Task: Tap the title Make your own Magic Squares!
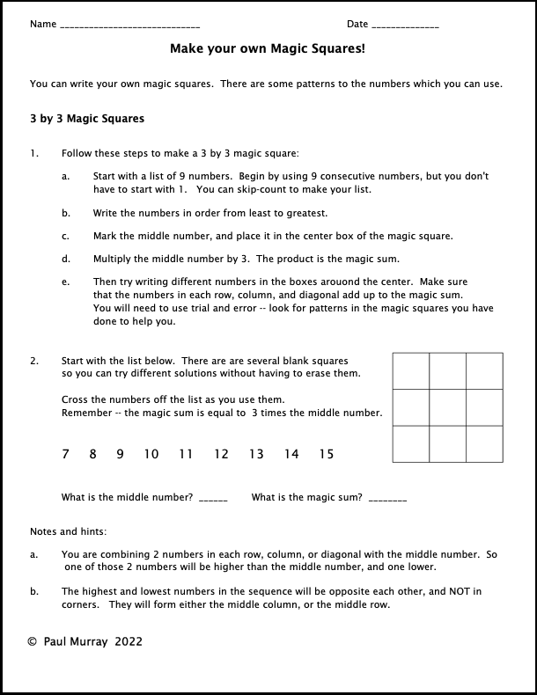[267, 50]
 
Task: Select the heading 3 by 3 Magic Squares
[87, 119]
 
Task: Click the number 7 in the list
[65, 455]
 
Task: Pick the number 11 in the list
[185, 455]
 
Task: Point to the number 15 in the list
[327, 455]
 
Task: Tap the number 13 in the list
[256, 455]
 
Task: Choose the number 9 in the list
[120, 455]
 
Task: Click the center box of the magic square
[447, 407]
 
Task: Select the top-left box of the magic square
[410, 370]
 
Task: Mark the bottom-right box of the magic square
[484, 444]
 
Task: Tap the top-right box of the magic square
[484, 370]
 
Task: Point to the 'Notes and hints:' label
[68, 531]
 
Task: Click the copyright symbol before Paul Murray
[33, 642]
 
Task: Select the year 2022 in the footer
[128, 642]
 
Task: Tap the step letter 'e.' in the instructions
[66, 282]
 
